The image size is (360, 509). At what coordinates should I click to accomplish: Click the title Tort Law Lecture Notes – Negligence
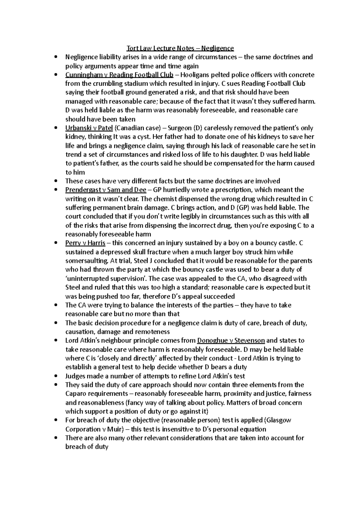tap(180, 48)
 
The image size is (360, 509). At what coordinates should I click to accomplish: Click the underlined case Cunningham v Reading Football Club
tap(119, 75)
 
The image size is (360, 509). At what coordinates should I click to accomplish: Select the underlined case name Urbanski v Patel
tap(89, 128)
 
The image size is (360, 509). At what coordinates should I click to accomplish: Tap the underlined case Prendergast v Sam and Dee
tap(106, 190)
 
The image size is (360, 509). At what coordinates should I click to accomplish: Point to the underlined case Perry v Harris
tap(85, 243)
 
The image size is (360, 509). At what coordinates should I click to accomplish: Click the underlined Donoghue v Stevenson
tap(231, 341)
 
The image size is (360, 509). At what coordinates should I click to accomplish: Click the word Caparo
tap(76, 394)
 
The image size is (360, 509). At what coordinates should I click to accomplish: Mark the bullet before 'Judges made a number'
tap(56, 376)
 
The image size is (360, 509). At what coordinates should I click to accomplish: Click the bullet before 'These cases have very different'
tap(56, 181)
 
